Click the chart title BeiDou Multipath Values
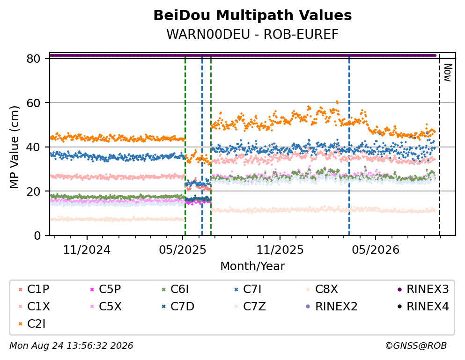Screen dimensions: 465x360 tap(252, 15)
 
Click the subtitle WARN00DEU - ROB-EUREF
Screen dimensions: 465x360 tap(252, 34)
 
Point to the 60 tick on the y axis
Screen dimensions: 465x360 tap(34, 103)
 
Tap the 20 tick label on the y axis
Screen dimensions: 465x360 tap(34, 191)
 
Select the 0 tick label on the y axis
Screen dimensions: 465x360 tap(37, 236)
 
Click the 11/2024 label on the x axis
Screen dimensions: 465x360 tap(87, 250)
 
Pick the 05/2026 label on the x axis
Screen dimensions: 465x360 tap(376, 250)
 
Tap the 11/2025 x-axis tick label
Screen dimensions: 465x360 tap(280, 250)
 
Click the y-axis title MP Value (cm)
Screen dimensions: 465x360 tap(14, 147)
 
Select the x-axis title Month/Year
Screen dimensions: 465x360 tap(252, 266)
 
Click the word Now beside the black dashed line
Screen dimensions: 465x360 tap(448, 73)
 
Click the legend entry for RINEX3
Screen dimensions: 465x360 tap(423, 289)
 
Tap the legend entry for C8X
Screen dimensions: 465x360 tap(322, 289)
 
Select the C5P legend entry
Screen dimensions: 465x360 tap(105, 289)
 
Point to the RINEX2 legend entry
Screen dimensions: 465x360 tap(332, 307)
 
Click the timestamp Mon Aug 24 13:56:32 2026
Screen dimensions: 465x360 tap(71, 346)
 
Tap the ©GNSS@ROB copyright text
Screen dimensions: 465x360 tap(416, 346)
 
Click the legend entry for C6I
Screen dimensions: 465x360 tap(175, 289)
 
